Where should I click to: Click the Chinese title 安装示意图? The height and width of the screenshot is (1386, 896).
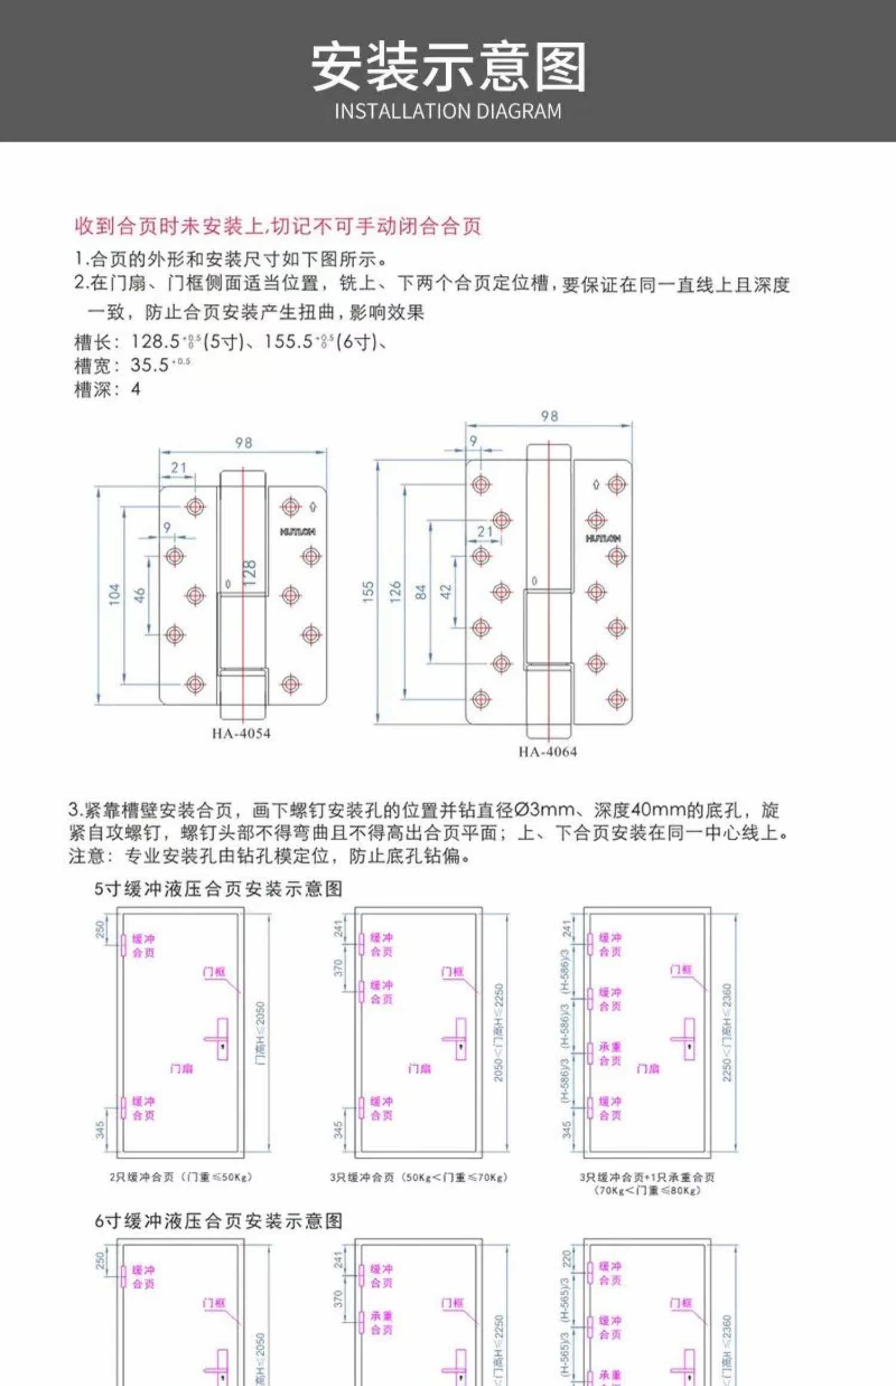click(448, 66)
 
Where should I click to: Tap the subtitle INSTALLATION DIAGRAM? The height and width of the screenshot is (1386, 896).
click(448, 112)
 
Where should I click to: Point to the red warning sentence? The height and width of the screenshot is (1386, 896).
click(278, 226)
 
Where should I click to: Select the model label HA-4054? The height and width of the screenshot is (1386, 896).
click(241, 733)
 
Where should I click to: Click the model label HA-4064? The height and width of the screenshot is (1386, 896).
click(548, 751)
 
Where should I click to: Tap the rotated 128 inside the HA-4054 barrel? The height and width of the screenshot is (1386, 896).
click(250, 573)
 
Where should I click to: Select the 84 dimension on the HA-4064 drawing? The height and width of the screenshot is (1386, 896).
click(421, 592)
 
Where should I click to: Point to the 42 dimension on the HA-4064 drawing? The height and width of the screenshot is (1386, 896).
click(446, 592)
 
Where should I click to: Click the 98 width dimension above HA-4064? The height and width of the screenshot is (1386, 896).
click(549, 416)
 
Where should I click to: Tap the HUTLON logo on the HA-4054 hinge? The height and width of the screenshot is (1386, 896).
click(297, 531)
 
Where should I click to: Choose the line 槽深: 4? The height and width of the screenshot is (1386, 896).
click(108, 389)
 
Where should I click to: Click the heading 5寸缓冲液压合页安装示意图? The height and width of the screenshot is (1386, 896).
click(218, 889)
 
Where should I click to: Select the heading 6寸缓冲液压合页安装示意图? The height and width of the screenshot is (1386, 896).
click(218, 1221)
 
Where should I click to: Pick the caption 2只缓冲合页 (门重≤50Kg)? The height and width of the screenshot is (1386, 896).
click(181, 1176)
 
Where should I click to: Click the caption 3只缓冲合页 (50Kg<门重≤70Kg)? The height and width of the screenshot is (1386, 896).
click(419, 1176)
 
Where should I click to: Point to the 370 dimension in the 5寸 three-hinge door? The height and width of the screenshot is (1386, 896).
click(339, 968)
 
